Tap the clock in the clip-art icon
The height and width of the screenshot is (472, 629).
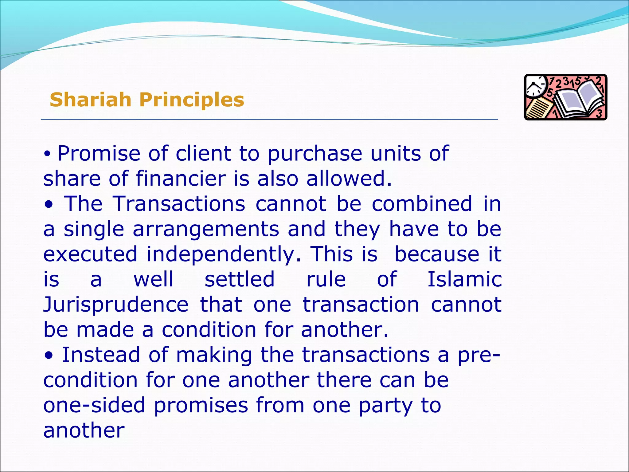click(536, 86)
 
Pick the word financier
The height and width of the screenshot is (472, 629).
click(181, 179)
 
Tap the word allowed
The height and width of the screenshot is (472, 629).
click(349, 179)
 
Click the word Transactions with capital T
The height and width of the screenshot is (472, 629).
click(179, 204)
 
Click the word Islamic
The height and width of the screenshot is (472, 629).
click(465, 279)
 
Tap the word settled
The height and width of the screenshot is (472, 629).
click(240, 279)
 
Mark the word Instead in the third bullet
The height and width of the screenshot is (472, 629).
click(101, 355)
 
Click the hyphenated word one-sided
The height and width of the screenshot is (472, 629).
click(94, 405)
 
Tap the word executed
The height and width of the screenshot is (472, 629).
click(90, 254)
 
